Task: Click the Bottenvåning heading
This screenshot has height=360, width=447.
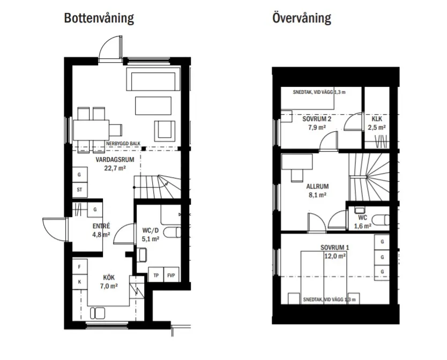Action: coord(99,18)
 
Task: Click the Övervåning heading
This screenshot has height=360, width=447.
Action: coord(302,18)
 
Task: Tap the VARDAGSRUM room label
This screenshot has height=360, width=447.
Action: coord(115,160)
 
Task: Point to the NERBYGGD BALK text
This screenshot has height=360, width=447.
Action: coord(123,144)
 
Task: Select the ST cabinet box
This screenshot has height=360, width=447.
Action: coord(79,190)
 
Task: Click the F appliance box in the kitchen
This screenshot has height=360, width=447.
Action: coord(79,267)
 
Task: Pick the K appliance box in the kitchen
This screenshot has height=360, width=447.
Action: coord(79,282)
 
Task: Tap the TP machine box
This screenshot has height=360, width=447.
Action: coord(156,275)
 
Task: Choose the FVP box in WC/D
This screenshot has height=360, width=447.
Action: coord(171,275)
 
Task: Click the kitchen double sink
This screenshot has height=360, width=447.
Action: coord(98,313)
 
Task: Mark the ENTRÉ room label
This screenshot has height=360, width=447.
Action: coord(101,226)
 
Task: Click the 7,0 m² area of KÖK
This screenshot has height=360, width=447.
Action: coord(109,286)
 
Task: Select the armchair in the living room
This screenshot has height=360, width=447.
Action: coord(165,131)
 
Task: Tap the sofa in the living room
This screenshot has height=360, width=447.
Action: coord(153,79)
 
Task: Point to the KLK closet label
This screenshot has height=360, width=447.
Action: coord(377,119)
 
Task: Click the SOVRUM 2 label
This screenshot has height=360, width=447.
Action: coord(317,118)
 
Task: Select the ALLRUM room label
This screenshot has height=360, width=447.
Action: coord(317,186)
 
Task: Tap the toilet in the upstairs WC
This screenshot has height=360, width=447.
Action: coord(381,220)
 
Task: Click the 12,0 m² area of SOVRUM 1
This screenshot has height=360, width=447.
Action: coord(335,256)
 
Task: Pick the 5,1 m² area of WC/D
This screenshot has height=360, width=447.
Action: coord(151,239)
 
